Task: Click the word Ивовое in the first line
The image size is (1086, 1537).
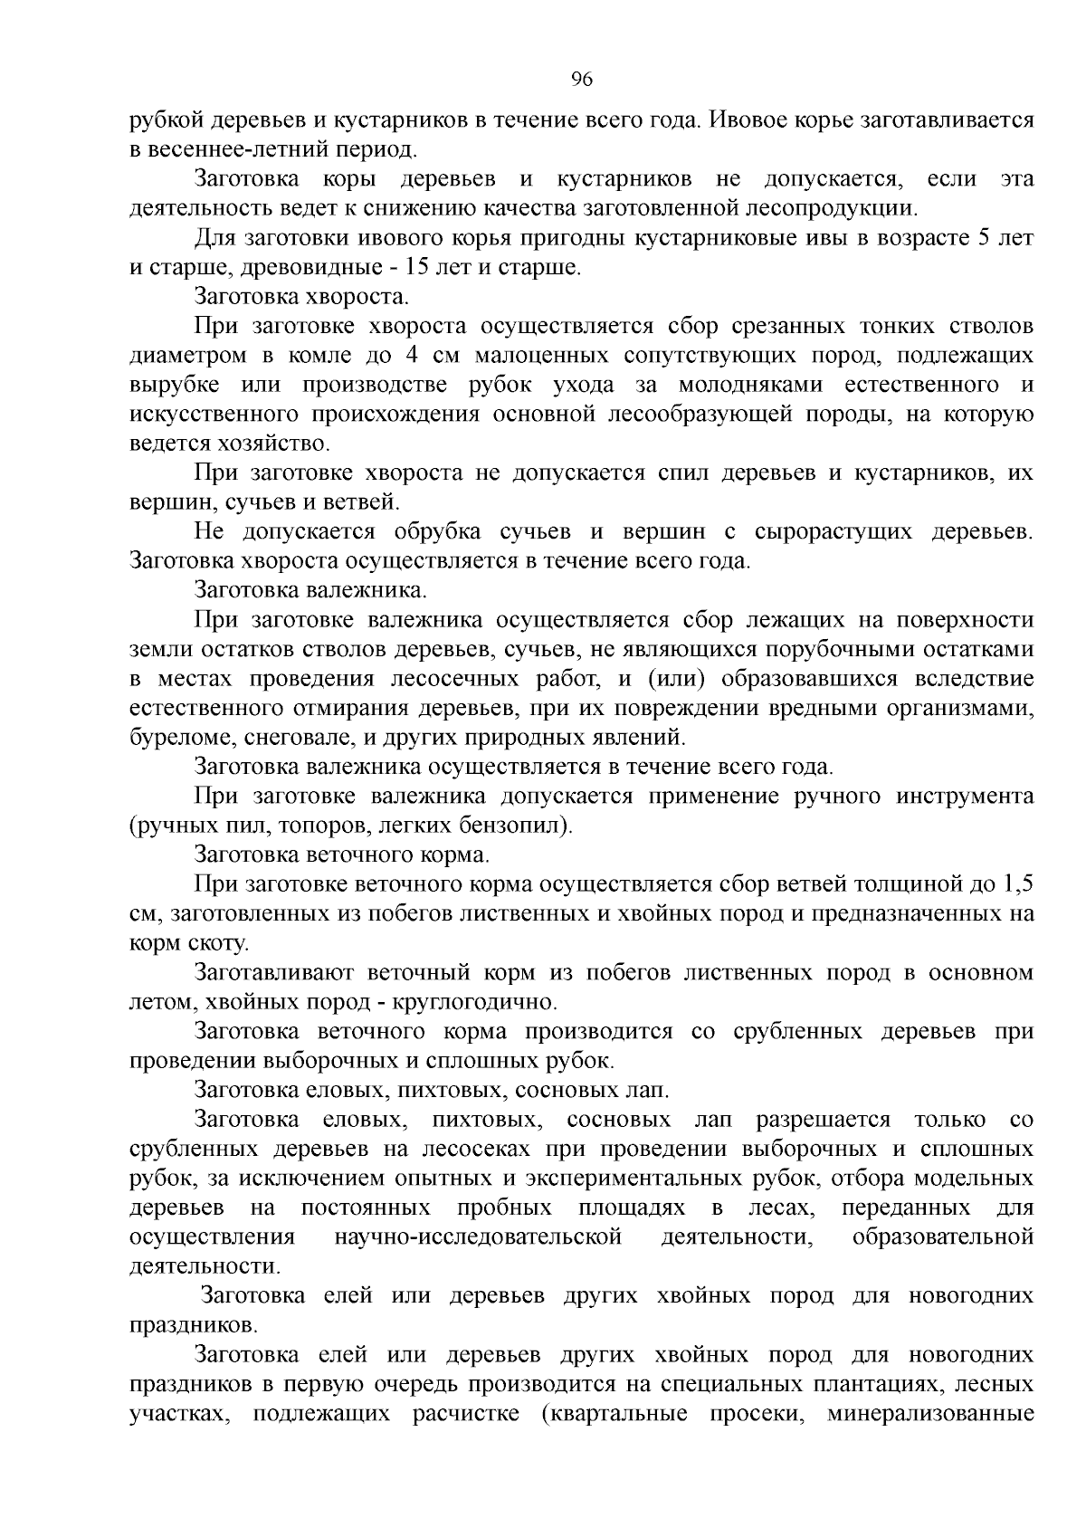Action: [x=751, y=119]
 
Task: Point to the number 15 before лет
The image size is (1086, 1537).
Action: [x=420, y=268]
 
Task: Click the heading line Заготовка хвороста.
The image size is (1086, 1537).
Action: [x=302, y=297]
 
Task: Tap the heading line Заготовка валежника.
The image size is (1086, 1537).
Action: [x=310, y=591]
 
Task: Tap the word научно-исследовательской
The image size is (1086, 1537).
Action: [x=479, y=1238]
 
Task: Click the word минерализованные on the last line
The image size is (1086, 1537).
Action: [x=929, y=1415]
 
